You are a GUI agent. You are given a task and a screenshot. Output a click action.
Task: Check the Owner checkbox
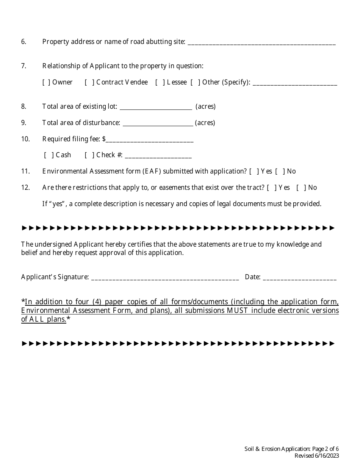coord(46,82)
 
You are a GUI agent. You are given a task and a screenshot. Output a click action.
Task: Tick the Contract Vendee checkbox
coord(89,82)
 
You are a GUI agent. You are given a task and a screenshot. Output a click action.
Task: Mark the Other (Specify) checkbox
coord(196,82)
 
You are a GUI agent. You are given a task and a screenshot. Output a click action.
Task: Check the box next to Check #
coord(89,155)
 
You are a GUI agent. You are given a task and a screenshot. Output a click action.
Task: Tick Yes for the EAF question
coord(254,171)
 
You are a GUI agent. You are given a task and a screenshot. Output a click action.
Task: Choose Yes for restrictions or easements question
coord(272,188)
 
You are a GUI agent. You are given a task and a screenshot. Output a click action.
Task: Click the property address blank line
coord(261,42)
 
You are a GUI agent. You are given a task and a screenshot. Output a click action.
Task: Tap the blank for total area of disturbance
coord(158,123)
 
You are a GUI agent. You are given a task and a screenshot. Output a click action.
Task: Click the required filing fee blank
coord(150,140)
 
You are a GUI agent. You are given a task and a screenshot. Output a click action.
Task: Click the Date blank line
coord(299,278)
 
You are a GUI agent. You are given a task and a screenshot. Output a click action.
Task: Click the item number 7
coord(23,66)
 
